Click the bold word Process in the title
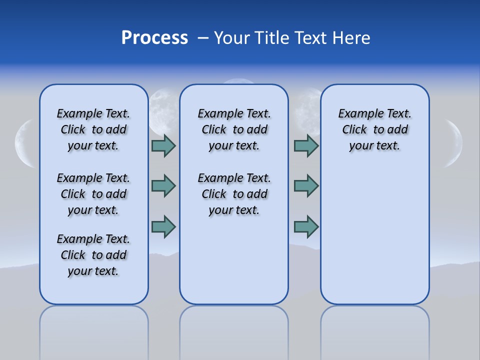(154, 38)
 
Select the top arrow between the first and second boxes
(163, 146)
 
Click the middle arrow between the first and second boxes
(163, 186)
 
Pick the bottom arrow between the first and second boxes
(163, 226)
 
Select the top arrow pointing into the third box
(306, 146)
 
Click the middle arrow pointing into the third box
(306, 186)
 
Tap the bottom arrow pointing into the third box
(306, 226)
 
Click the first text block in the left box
(93, 129)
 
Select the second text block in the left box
(93, 194)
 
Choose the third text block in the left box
(93, 255)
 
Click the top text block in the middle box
(234, 129)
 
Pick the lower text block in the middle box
(234, 194)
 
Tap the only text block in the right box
(374, 129)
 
